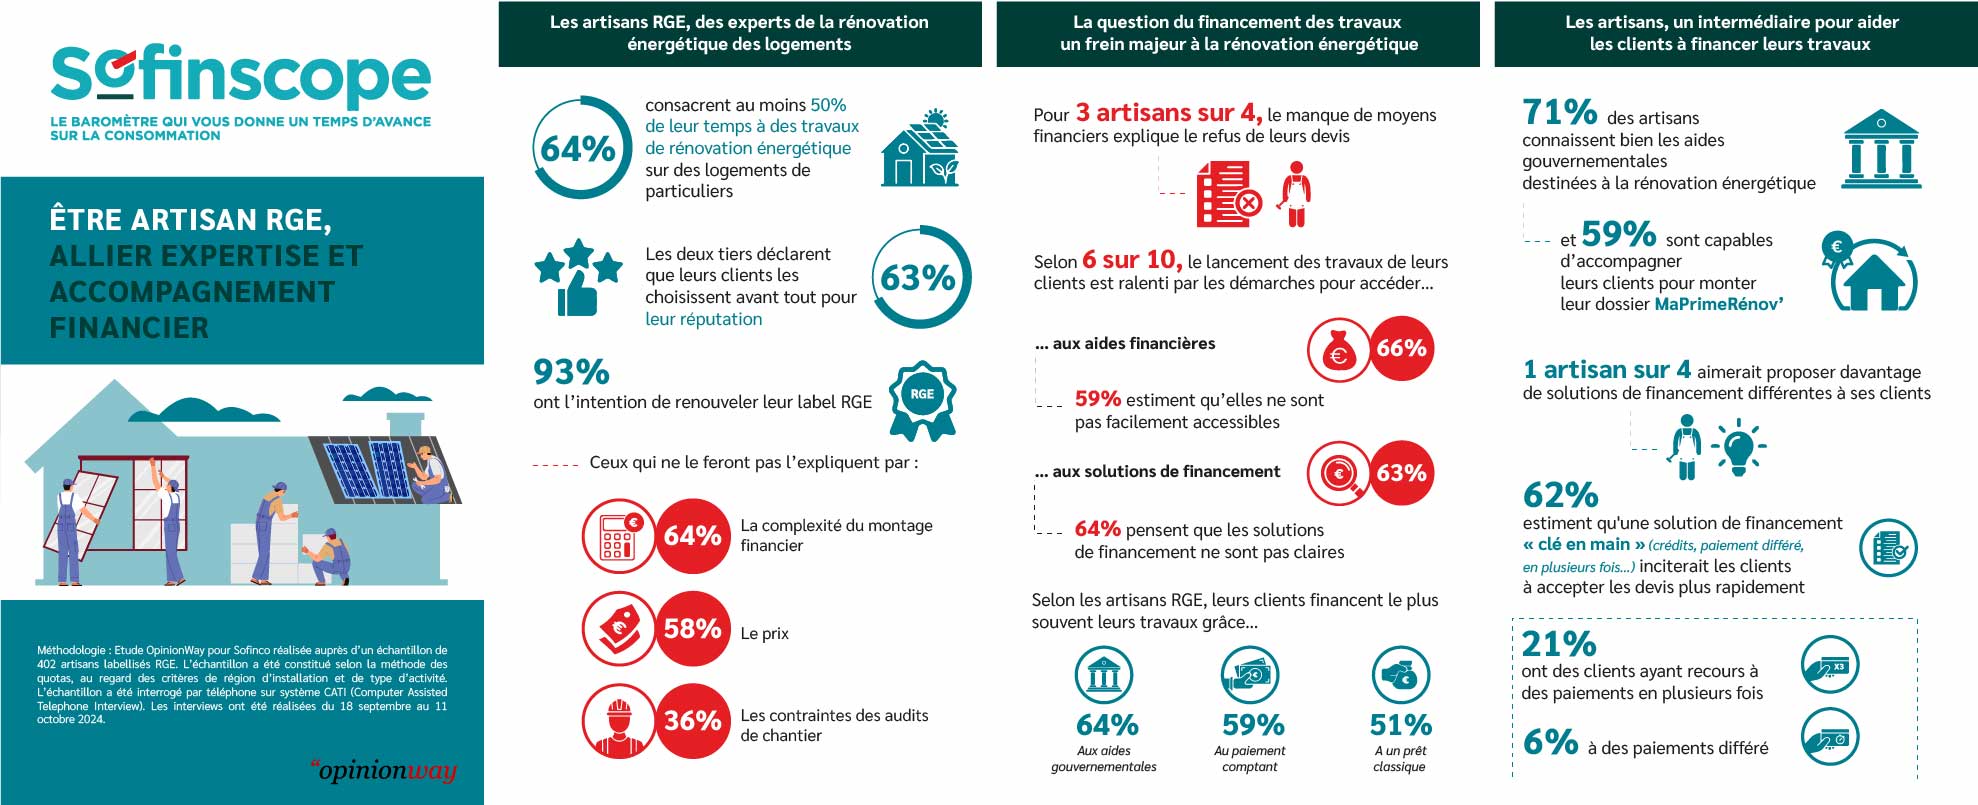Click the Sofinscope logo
(x=240, y=76)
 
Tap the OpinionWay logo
(x=384, y=770)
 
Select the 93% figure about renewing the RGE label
(x=571, y=372)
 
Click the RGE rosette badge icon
(x=922, y=399)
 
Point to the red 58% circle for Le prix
(x=692, y=629)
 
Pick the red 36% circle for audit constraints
(x=692, y=721)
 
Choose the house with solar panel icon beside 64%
(x=920, y=149)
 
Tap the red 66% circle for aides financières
(x=1401, y=348)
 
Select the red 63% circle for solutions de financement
(x=1401, y=473)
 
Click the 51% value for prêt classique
(x=1400, y=725)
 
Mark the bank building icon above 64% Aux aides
(x=1103, y=675)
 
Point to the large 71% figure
(x=1559, y=111)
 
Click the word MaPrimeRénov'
(x=1718, y=304)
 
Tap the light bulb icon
(x=1738, y=447)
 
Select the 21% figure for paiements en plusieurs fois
(x=1559, y=643)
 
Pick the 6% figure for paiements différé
(x=1550, y=742)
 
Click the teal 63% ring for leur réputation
(x=918, y=277)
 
